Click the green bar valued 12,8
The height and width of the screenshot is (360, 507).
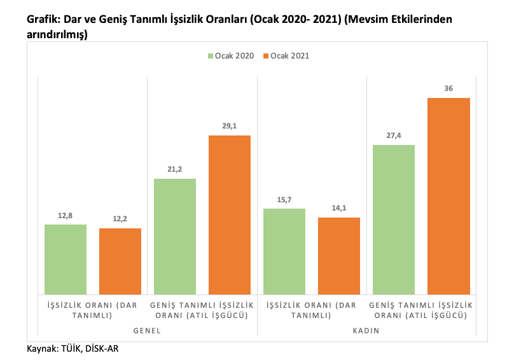[x=66, y=260]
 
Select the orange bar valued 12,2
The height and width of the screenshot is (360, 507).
[x=120, y=261]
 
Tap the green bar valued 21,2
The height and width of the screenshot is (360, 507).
[x=175, y=237]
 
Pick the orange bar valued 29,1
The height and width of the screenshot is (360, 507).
[x=230, y=215]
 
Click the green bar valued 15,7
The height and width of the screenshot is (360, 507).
[x=284, y=251]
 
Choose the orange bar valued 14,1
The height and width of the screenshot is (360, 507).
[x=339, y=256]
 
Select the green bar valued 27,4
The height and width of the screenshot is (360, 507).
[x=394, y=219]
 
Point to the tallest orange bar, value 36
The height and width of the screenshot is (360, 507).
[x=448, y=196]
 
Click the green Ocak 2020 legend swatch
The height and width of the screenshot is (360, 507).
[x=210, y=57]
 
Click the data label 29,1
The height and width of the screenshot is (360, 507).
[x=230, y=127]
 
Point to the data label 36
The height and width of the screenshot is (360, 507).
[x=448, y=89]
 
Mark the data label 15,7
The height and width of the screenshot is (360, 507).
[x=284, y=200]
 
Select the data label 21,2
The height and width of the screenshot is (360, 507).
[x=175, y=170]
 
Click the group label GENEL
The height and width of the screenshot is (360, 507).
[x=147, y=331]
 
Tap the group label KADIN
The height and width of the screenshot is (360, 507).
[x=366, y=331]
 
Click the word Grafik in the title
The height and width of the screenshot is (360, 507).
[x=43, y=19]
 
